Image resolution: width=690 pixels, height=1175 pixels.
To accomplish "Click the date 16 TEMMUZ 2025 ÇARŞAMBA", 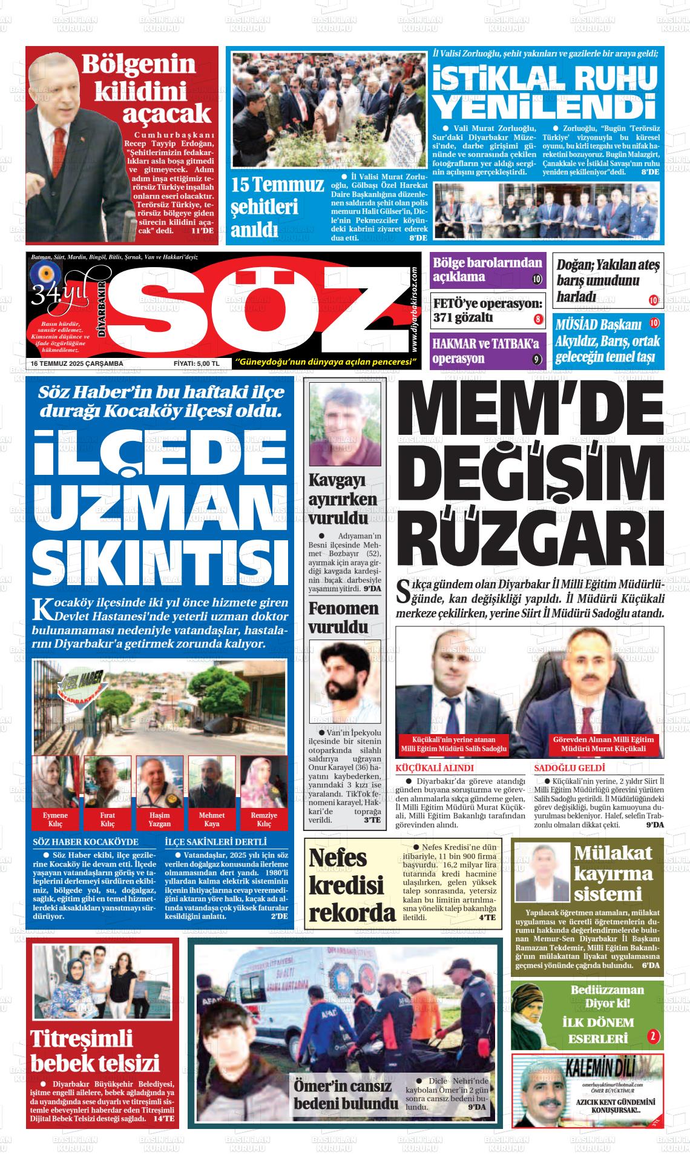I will click(x=77, y=363).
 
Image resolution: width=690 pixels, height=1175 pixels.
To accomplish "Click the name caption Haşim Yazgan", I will click(x=160, y=819).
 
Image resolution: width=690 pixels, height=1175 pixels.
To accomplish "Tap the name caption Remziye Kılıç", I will click(x=264, y=819).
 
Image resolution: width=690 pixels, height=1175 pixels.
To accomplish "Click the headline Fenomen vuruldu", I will click(x=343, y=617).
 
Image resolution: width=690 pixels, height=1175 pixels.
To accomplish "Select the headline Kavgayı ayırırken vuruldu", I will click(x=343, y=499).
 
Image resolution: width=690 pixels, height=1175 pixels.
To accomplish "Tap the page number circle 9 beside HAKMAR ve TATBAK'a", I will click(x=536, y=359).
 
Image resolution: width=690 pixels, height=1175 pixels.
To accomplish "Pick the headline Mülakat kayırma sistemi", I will click(x=614, y=873).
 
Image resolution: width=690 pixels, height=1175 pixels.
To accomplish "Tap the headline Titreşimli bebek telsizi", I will click(x=95, y=1054).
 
